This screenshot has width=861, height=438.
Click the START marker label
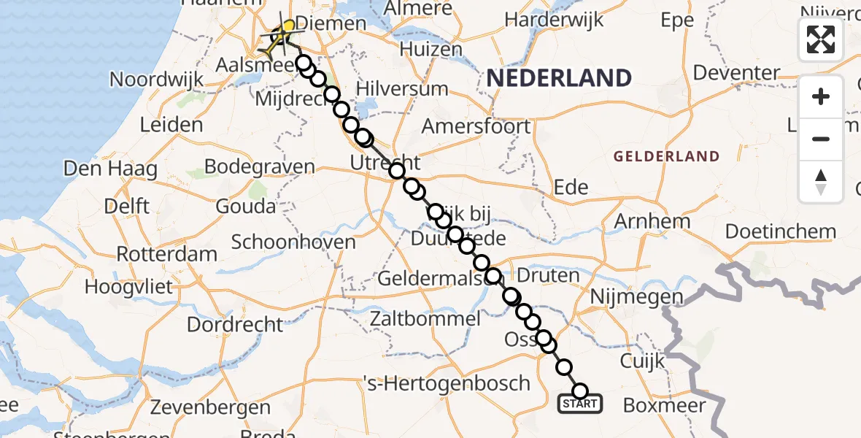(580, 404)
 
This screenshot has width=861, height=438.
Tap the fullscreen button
(821, 39)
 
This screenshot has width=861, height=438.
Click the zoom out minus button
(821, 139)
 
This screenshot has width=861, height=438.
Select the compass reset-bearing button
(821, 182)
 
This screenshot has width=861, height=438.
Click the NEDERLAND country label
(559, 78)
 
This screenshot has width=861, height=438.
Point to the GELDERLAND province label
(666, 156)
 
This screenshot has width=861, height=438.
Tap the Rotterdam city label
(166, 255)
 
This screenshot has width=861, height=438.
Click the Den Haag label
(110, 169)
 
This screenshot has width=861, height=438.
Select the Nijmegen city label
(636, 297)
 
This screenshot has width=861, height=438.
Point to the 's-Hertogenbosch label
(447, 383)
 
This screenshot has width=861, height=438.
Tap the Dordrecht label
(235, 323)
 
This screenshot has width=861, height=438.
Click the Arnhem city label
(653, 221)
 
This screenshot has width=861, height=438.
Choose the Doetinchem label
(780, 232)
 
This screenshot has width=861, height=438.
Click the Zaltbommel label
(425, 318)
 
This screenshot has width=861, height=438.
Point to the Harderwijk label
(564, 20)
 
